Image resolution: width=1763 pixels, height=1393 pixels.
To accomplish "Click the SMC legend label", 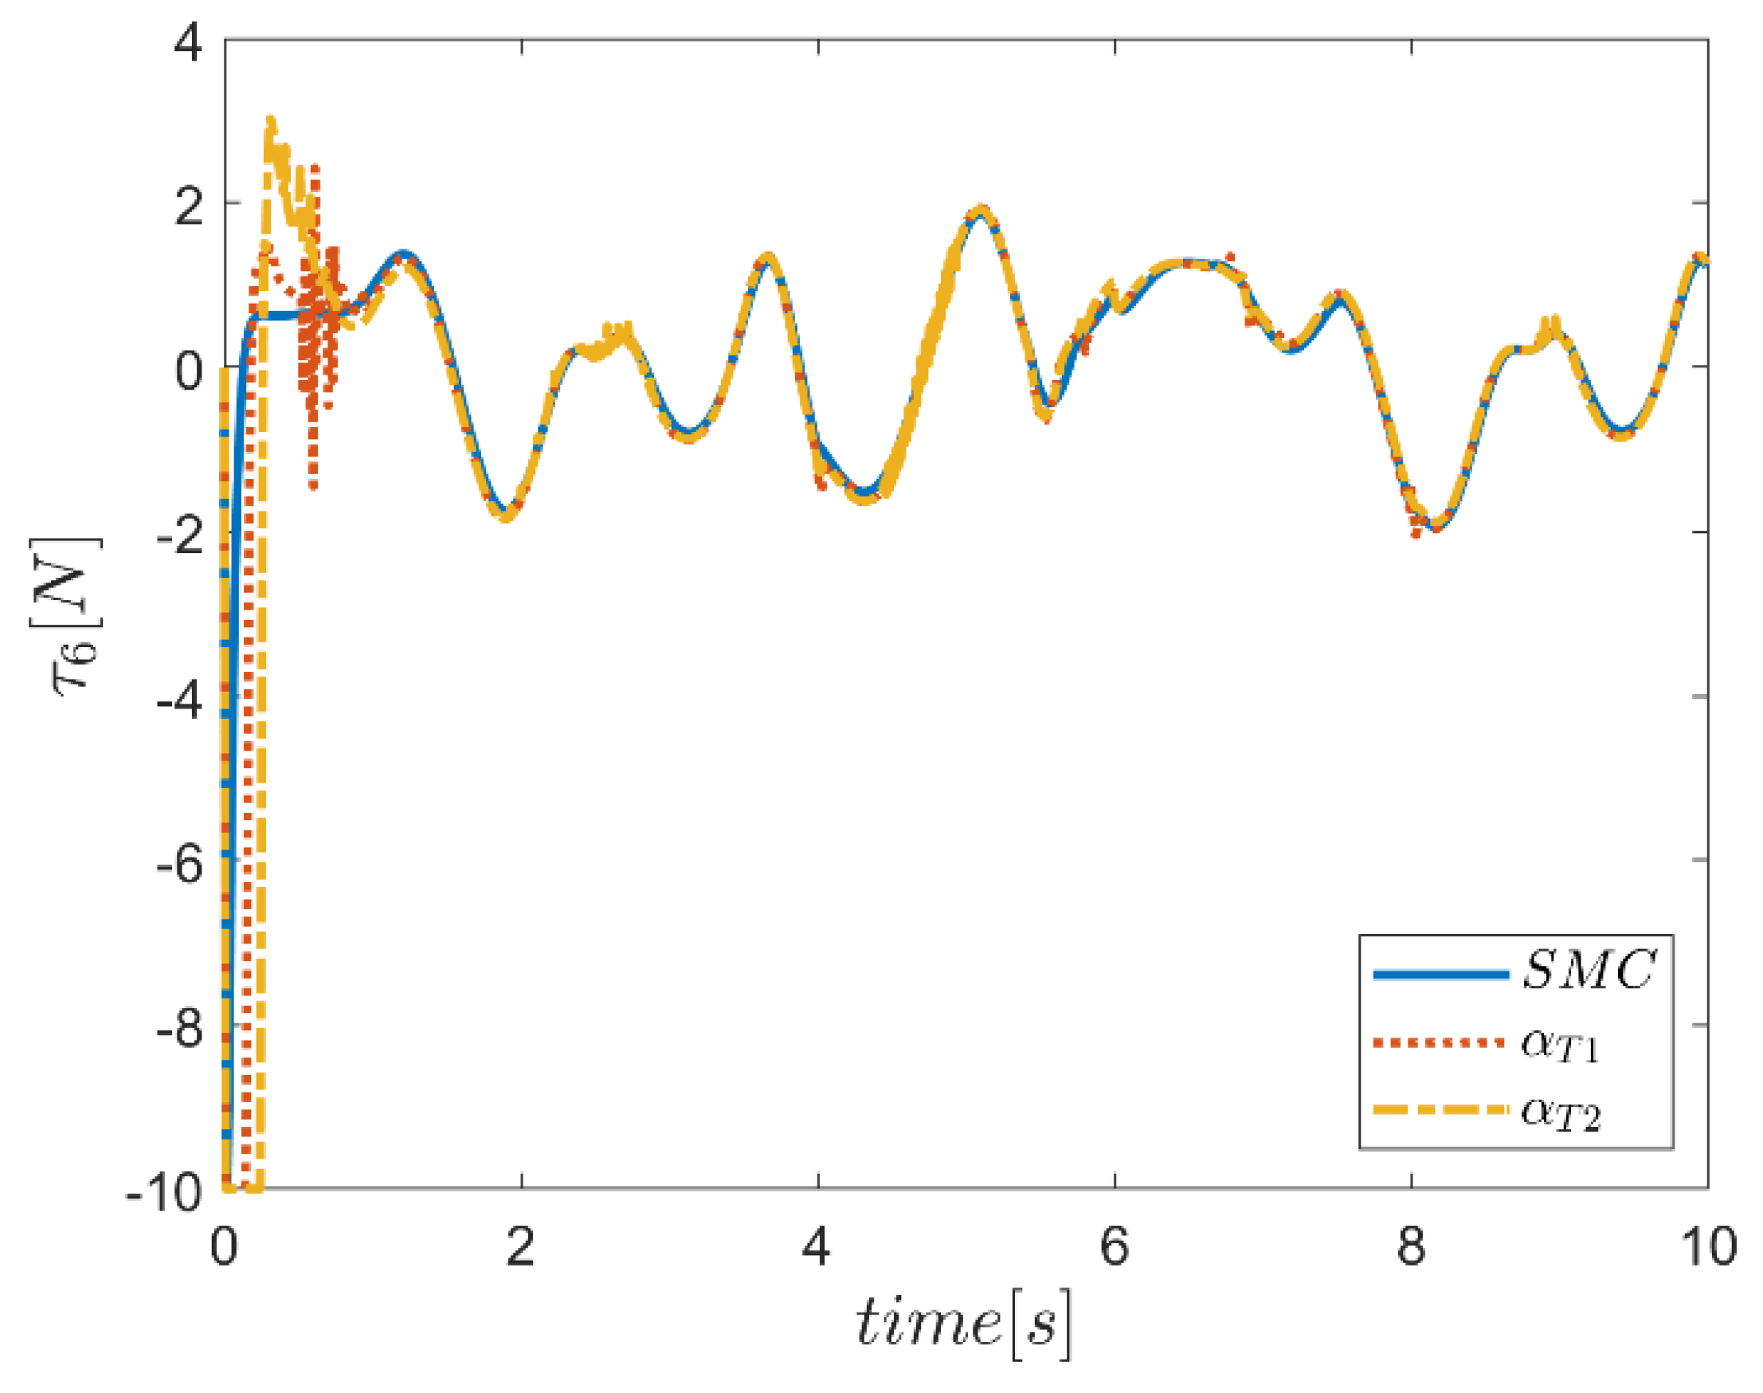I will (1588, 971).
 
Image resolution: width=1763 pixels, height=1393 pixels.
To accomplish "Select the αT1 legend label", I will (1559, 1045).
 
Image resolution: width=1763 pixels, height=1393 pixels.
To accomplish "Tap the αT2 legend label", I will (1559, 1113).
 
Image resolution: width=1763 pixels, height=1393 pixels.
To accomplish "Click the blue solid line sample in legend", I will (1440, 974).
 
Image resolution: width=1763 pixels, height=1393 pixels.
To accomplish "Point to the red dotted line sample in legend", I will (1440, 1042).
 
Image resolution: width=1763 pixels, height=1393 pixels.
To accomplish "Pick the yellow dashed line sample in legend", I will (1440, 1110).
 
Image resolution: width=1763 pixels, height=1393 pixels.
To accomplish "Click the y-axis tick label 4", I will (189, 42).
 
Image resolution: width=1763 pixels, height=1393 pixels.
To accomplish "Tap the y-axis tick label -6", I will (179, 865).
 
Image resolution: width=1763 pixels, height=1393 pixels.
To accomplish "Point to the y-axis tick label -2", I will (179, 536).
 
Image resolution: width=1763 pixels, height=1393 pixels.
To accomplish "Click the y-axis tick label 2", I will (189, 207).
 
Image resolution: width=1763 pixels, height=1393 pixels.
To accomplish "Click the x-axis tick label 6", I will (1114, 1248).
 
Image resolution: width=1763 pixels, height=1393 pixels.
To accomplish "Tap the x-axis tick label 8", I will (1411, 1248).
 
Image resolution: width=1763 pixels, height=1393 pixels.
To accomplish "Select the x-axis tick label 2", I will (520, 1248).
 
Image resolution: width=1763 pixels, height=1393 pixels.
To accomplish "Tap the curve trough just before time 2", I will (507, 516).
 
